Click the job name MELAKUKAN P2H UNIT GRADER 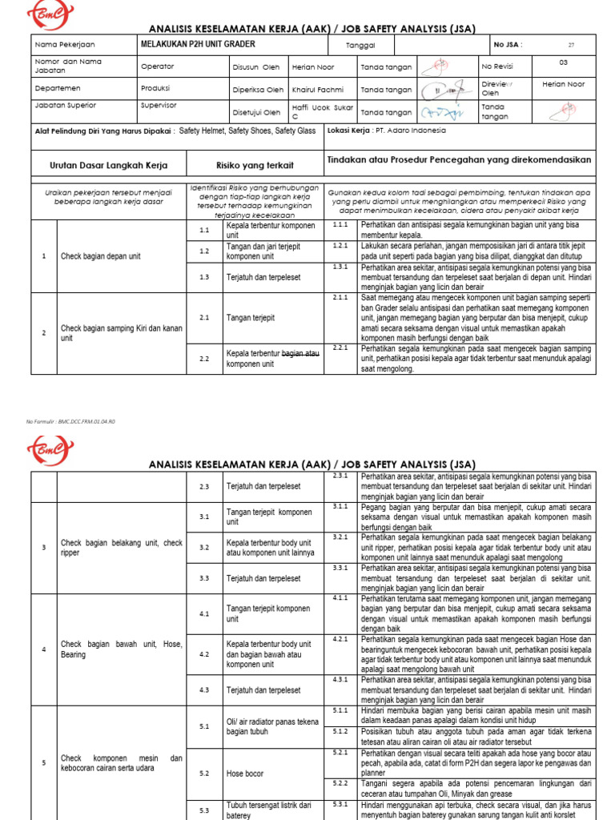click(191, 45)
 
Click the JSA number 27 click(571, 46)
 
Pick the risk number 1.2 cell click(203, 251)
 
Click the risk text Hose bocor click(244, 774)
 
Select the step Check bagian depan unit click(101, 256)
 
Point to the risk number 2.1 click(203, 317)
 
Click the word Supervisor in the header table click(159, 105)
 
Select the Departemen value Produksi click(155, 88)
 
